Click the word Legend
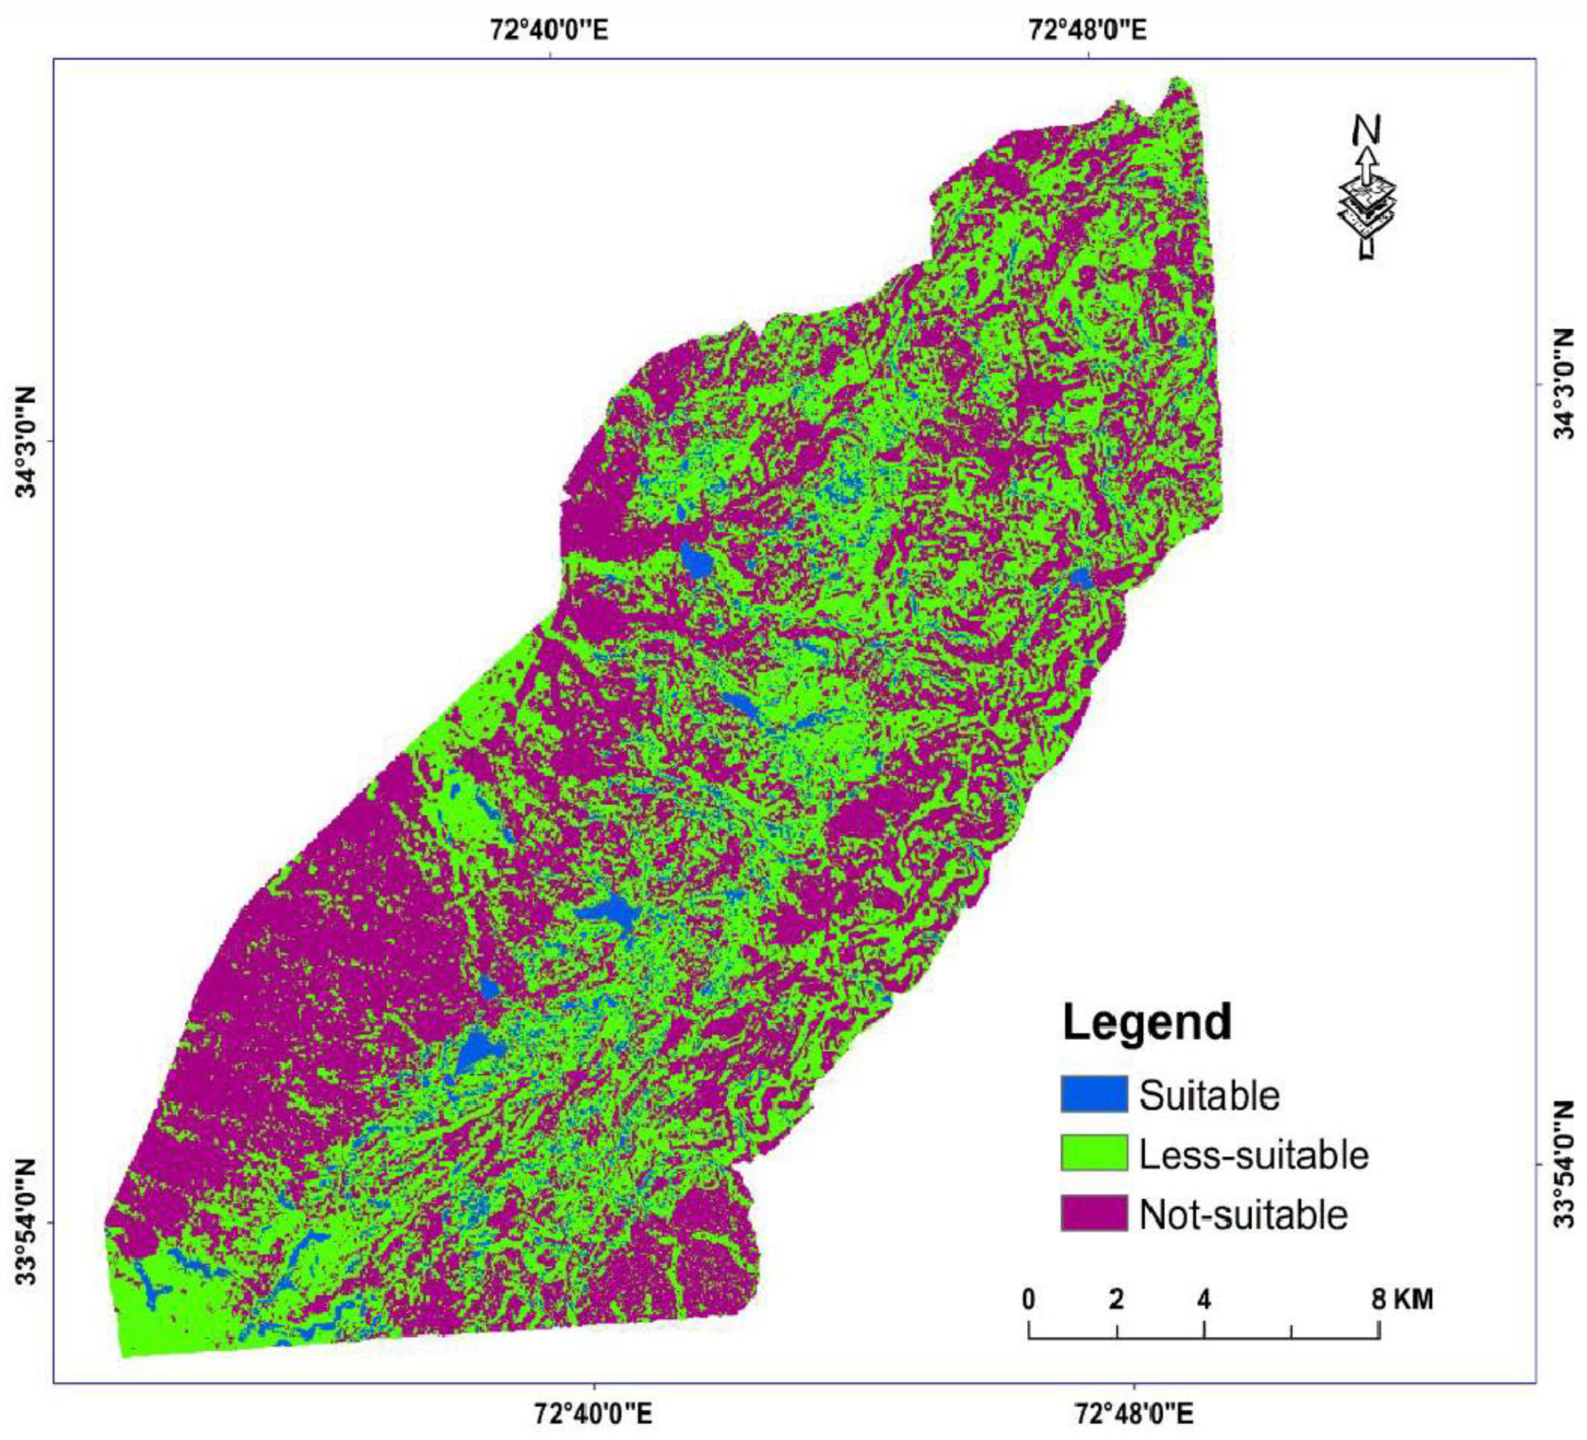point(1147,1022)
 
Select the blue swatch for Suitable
point(1094,1095)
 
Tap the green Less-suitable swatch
point(1094,1154)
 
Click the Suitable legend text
point(1209,1095)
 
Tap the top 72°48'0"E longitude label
point(1088,30)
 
